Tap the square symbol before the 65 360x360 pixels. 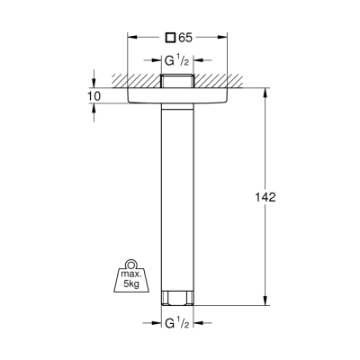[x=171, y=38]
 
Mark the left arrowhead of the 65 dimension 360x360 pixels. [x=132, y=38]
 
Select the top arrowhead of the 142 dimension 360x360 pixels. [x=265, y=91]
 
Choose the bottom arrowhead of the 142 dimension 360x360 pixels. [x=265, y=302]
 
